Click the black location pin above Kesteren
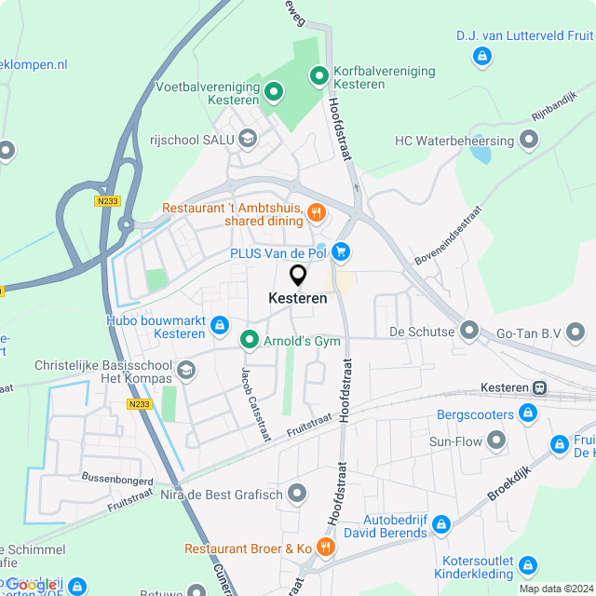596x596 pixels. coord(298,276)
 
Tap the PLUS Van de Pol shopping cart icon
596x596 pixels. coord(341,251)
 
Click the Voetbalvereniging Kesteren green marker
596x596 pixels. coord(274,91)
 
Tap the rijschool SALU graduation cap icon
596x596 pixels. coord(247,140)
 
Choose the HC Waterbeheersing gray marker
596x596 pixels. coord(530,141)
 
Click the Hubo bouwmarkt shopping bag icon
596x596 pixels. coord(220,325)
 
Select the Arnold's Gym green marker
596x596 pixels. coord(249,341)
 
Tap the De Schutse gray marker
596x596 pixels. coord(468,332)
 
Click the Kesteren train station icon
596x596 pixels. coord(539,387)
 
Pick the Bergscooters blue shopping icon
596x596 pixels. coord(528,413)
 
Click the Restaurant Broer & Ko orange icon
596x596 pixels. coord(325,548)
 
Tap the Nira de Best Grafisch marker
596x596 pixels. coord(297,493)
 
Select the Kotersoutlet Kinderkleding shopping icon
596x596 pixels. coord(528,565)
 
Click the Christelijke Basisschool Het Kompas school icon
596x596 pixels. coord(186,371)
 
